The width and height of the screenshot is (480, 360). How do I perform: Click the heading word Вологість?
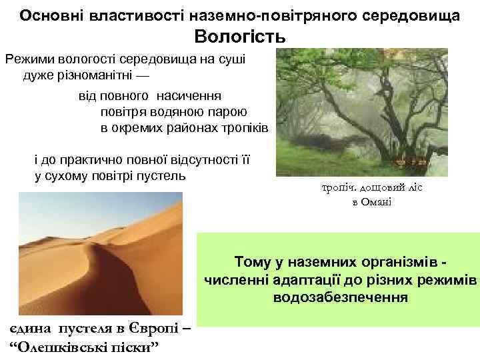[x=240, y=37]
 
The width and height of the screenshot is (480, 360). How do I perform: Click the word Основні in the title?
[x=47, y=14]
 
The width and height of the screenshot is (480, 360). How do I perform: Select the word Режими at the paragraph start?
[x=29, y=59]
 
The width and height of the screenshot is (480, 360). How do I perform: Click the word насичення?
[x=189, y=96]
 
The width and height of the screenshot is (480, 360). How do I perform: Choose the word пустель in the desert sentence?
[x=162, y=176]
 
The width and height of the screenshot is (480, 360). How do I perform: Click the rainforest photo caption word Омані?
[x=379, y=202]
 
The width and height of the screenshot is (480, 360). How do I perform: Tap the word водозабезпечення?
[x=340, y=296]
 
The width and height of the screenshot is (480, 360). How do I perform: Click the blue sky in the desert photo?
[x=100, y=200]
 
